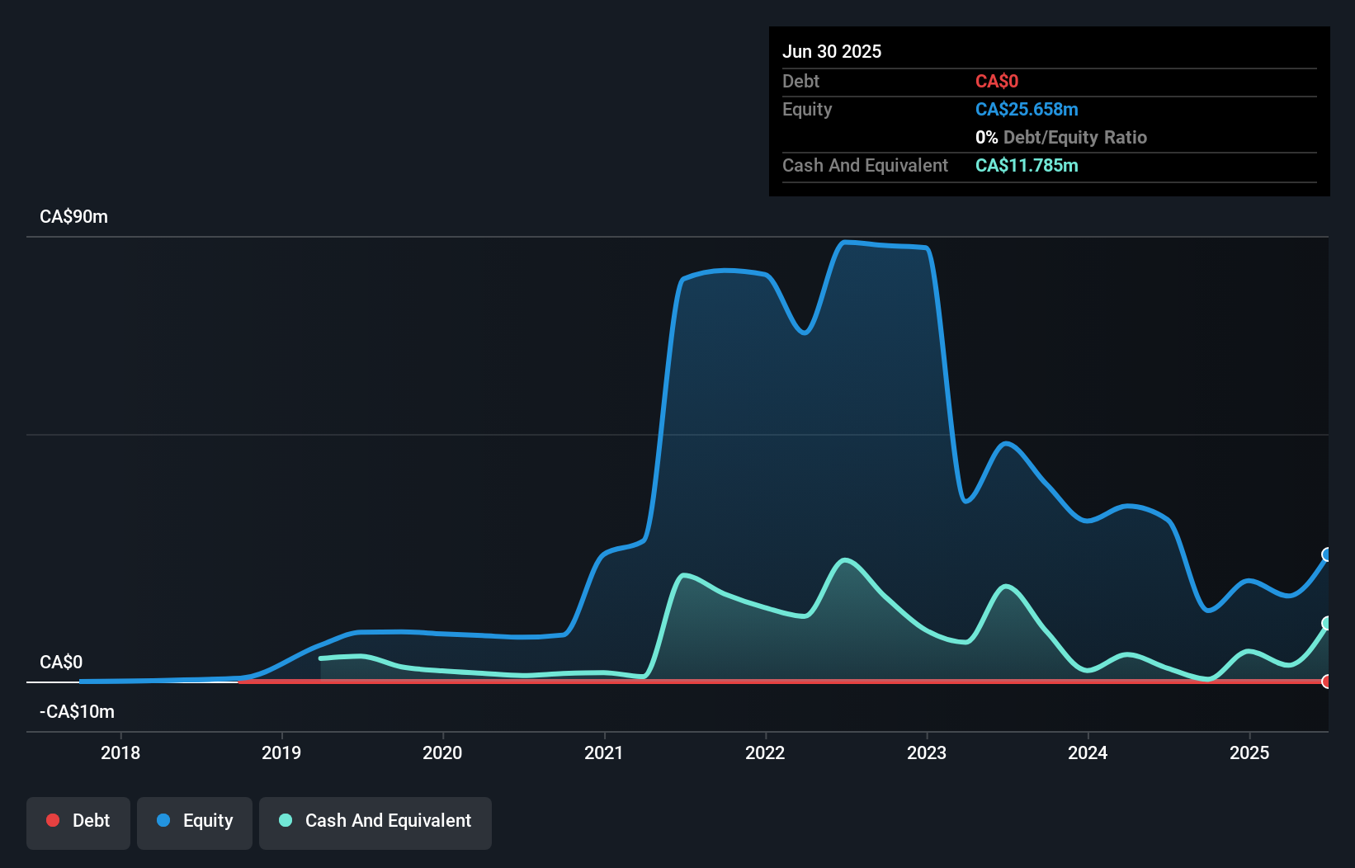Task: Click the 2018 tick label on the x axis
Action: point(120,752)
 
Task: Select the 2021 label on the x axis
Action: point(604,752)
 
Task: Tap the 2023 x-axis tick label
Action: point(927,752)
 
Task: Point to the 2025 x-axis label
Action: point(1249,752)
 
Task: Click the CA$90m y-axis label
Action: point(73,217)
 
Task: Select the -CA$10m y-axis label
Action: point(77,711)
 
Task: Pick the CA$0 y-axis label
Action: point(61,662)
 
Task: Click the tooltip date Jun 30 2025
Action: point(832,51)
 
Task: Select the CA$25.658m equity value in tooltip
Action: point(1027,110)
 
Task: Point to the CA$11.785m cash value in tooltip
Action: point(1027,166)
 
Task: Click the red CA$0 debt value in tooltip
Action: point(996,82)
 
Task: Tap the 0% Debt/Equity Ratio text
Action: point(1061,138)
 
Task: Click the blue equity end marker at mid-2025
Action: point(1327,554)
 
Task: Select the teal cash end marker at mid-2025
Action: point(1327,623)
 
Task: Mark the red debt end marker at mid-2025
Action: point(1327,682)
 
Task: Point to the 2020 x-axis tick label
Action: point(442,752)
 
